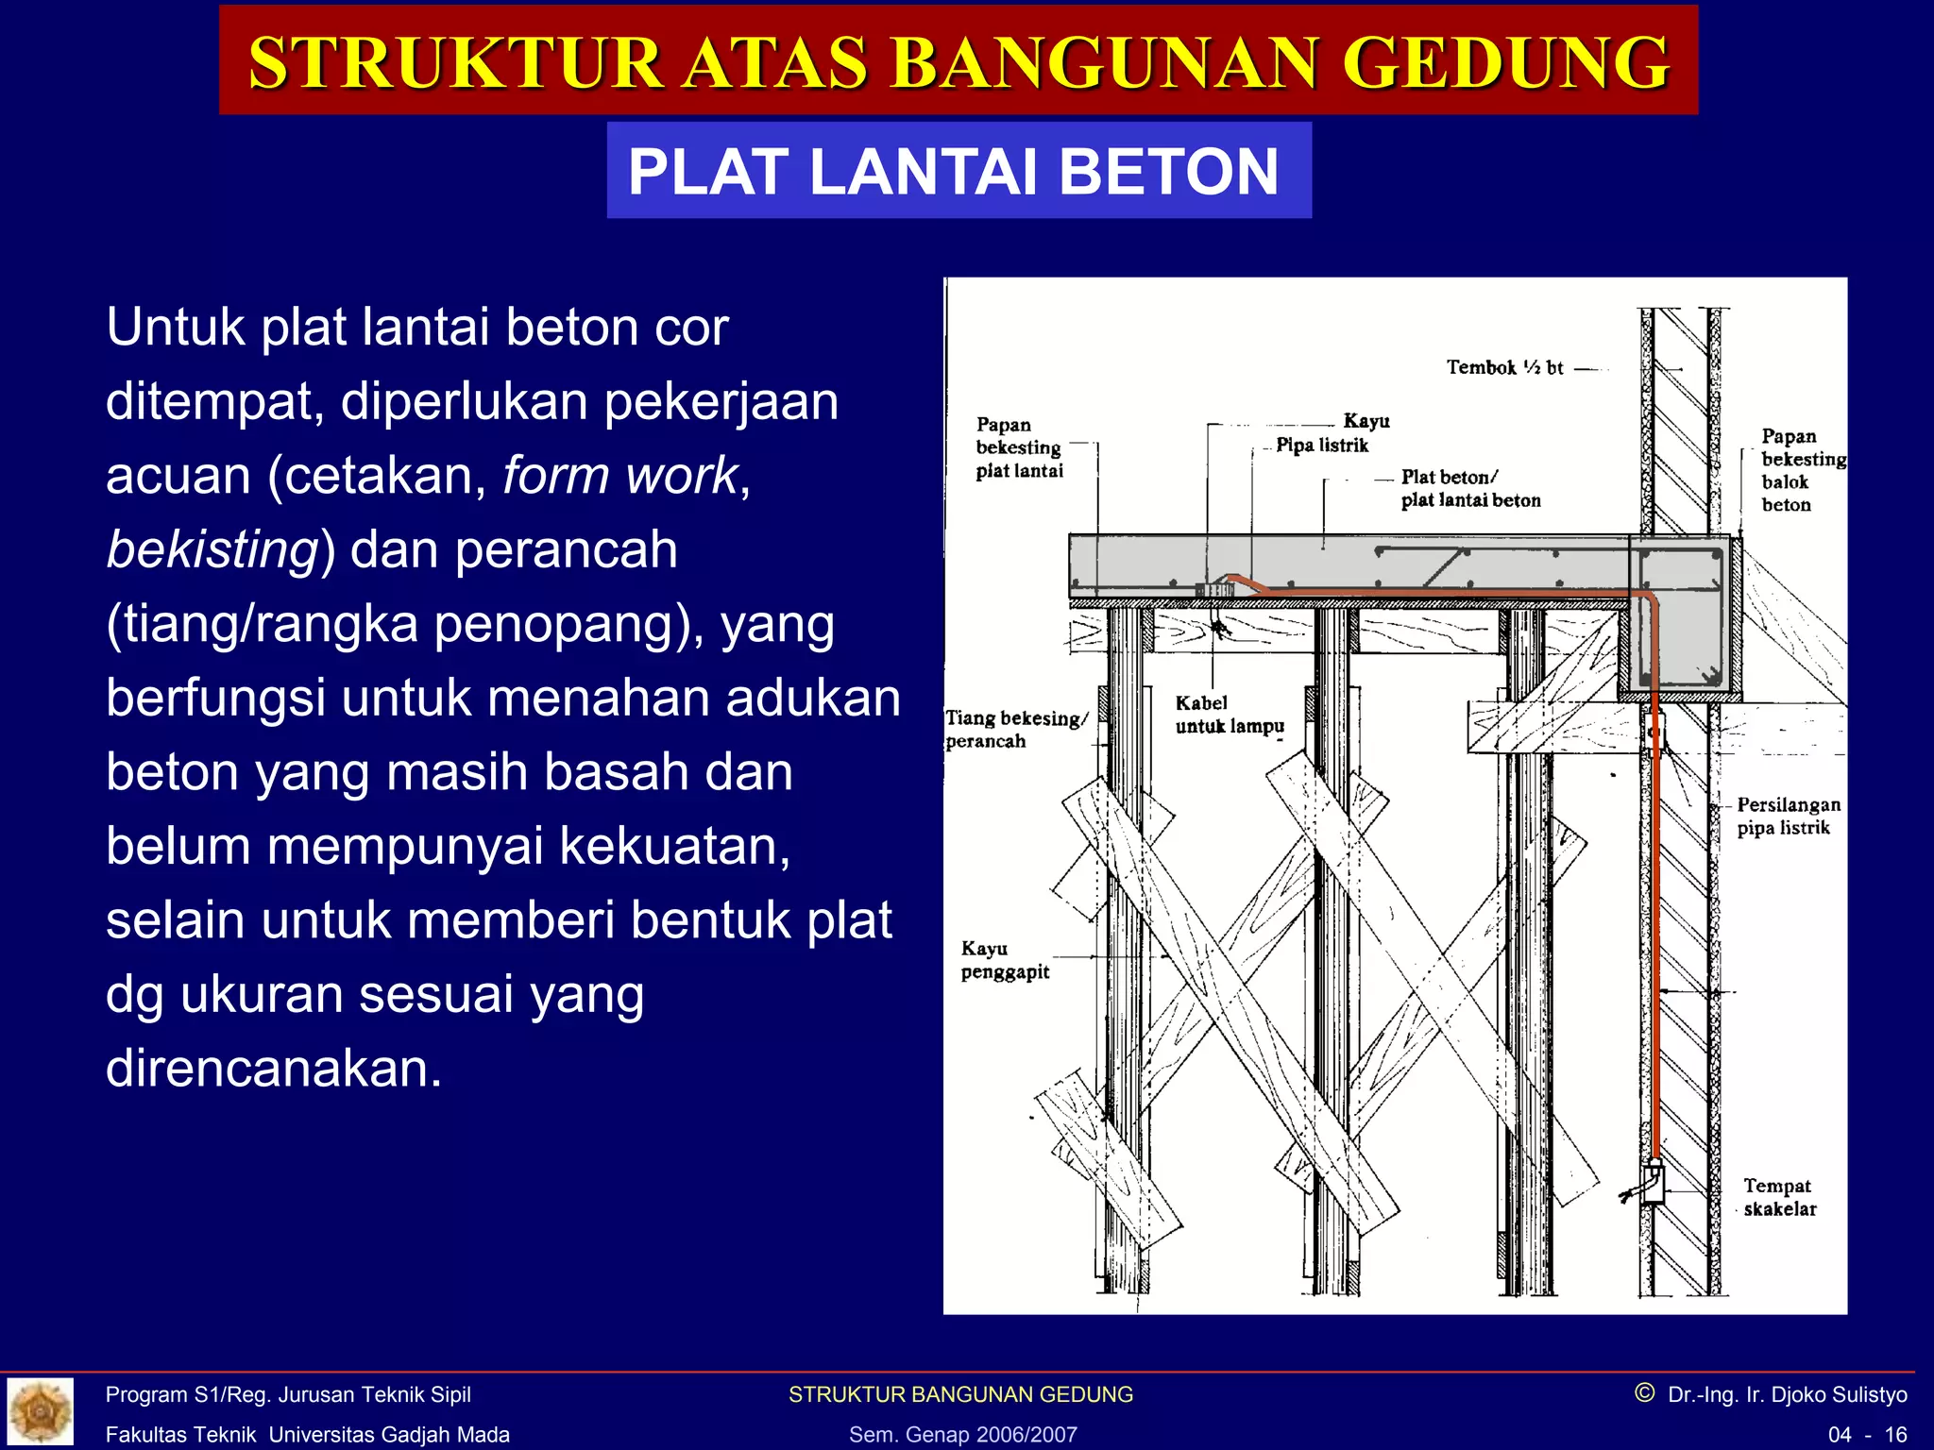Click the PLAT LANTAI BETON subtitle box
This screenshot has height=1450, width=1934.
[x=958, y=171]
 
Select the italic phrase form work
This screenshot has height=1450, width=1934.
[x=619, y=475]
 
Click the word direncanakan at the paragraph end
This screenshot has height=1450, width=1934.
[x=274, y=1069]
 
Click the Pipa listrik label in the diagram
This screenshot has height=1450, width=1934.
[x=1321, y=445]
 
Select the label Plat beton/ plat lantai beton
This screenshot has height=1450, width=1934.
[x=1469, y=489]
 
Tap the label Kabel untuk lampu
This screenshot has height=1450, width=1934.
[x=1229, y=715]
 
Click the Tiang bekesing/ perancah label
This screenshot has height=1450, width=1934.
[x=1016, y=729]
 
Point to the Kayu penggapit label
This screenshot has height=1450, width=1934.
[x=1005, y=960]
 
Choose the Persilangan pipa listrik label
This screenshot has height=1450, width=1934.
[x=1788, y=816]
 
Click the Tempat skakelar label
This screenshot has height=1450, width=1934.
[x=1779, y=1197]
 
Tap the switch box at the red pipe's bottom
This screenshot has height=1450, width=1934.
[x=1653, y=1182]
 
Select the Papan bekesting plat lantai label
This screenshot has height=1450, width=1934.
[x=1018, y=447]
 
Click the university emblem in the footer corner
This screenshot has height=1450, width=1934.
[x=40, y=1411]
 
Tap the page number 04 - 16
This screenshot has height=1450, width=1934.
[x=1867, y=1435]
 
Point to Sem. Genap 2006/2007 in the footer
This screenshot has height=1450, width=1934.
[x=962, y=1435]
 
